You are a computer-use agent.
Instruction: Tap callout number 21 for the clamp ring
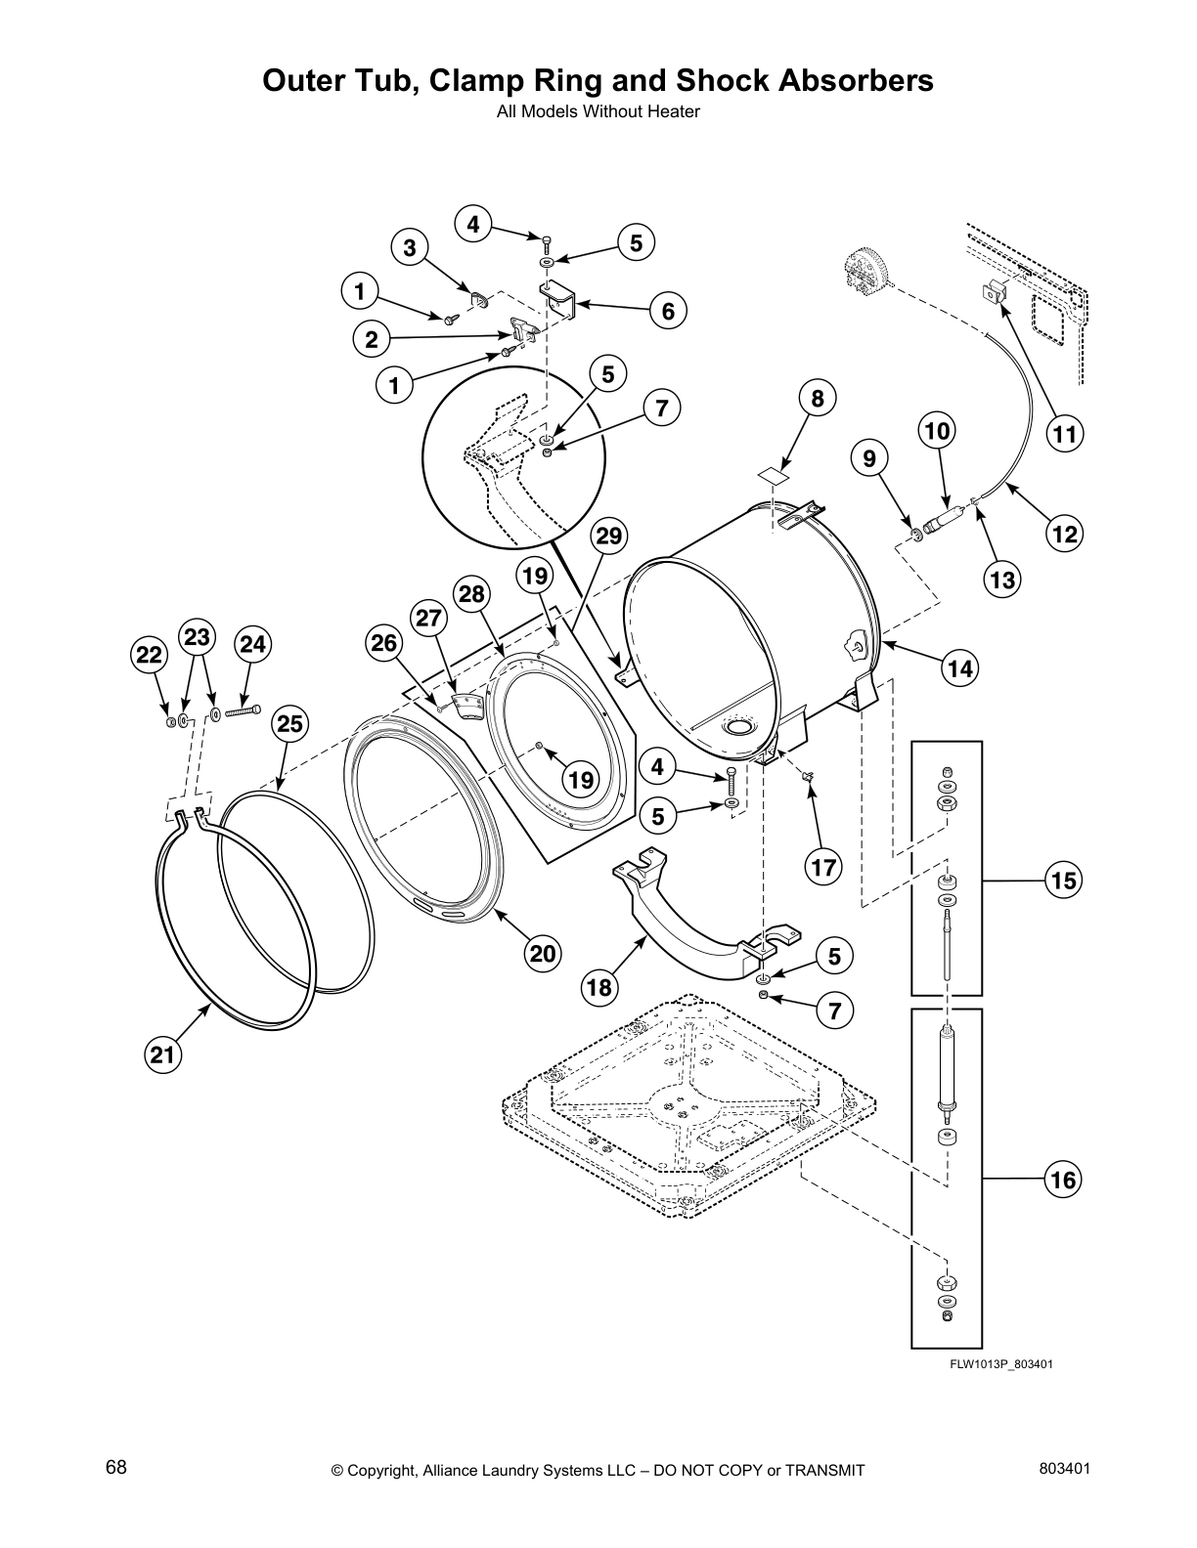coord(164,1053)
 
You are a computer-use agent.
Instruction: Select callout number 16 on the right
coord(1063,1180)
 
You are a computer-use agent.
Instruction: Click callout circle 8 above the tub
coord(818,398)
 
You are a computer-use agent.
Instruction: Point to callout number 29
coord(608,536)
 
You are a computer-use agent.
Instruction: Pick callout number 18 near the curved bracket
coord(599,987)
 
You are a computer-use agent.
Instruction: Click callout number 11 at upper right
coord(1065,433)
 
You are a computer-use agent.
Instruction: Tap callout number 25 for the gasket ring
coord(290,723)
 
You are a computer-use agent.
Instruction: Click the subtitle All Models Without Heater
coord(598,111)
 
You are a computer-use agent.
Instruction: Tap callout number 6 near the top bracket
coord(668,311)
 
